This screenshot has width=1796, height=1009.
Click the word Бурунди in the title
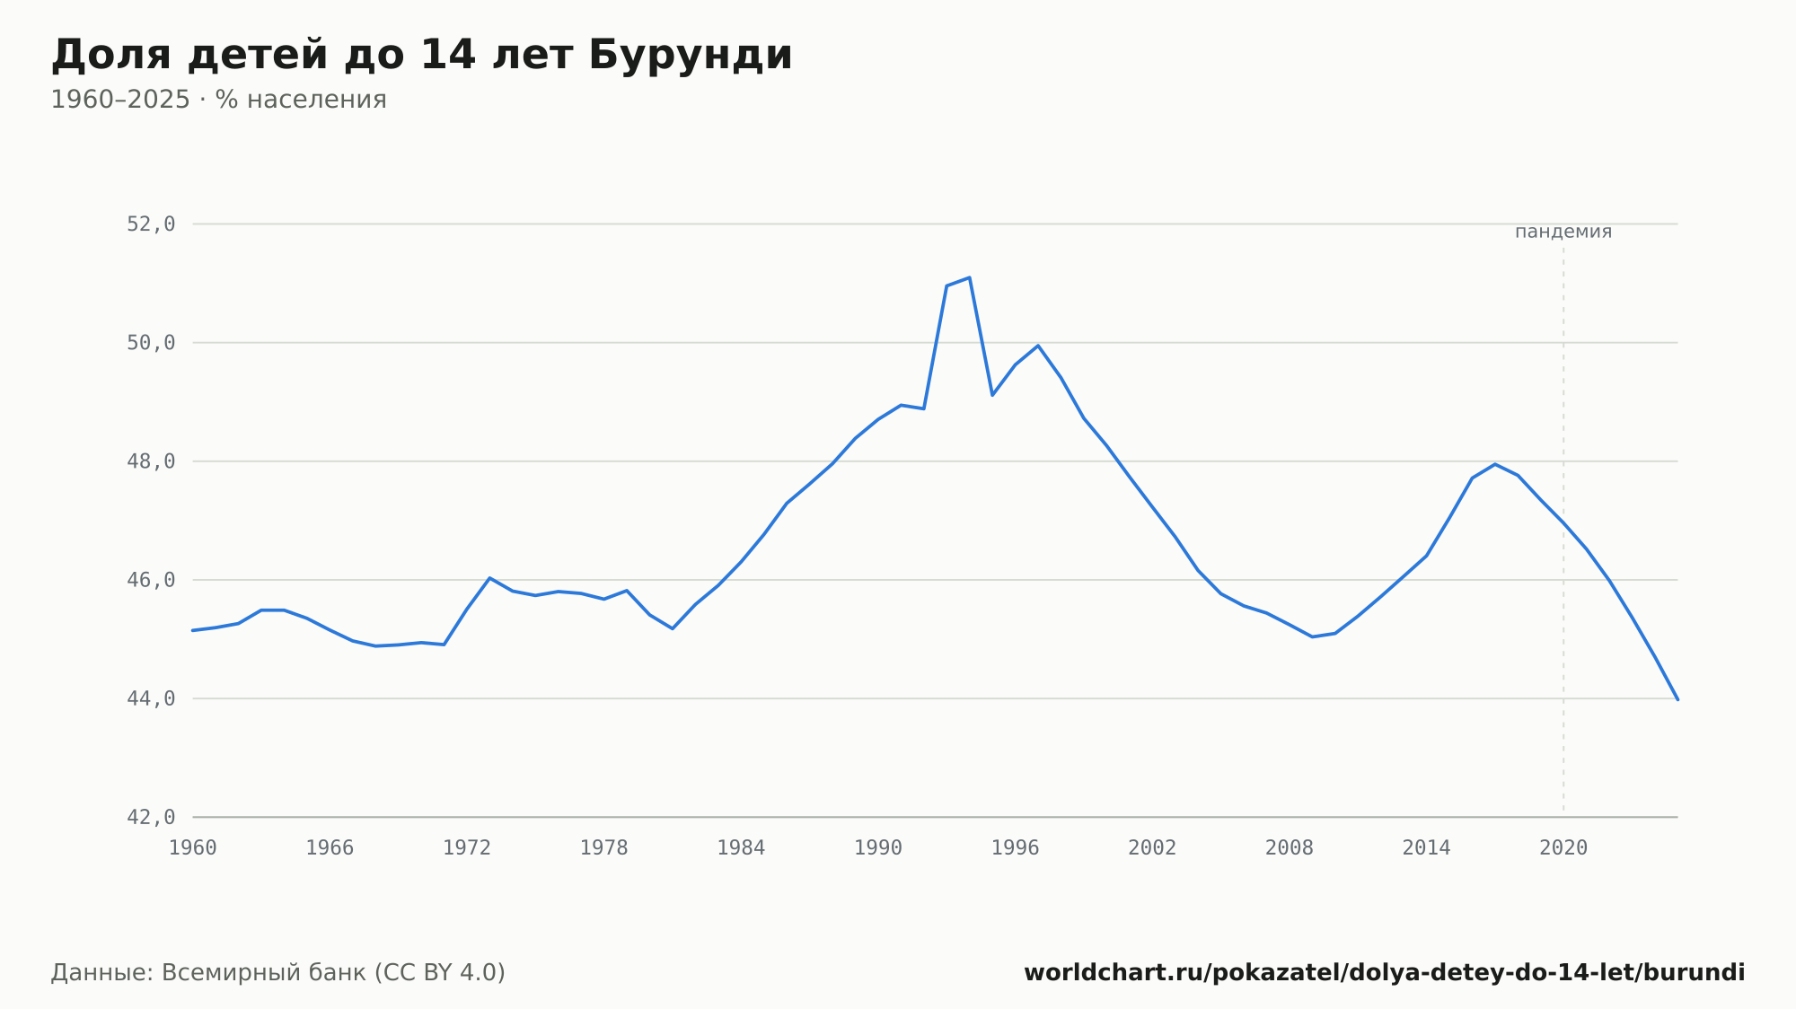click(x=691, y=56)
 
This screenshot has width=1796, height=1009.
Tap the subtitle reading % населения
click(x=301, y=100)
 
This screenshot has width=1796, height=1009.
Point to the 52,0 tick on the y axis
click(x=151, y=224)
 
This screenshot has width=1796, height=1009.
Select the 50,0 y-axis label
click(x=151, y=343)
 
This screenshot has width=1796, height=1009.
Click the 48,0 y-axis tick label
click(x=151, y=461)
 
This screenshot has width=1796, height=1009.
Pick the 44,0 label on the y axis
click(x=151, y=698)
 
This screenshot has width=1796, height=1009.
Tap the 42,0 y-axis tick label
click(x=151, y=817)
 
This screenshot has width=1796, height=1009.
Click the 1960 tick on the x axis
click(x=193, y=848)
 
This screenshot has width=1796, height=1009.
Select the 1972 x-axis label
click(x=467, y=848)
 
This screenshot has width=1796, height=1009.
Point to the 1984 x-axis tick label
click(x=741, y=848)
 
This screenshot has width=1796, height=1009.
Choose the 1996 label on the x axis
click(x=1016, y=848)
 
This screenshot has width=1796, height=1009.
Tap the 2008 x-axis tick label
click(x=1290, y=848)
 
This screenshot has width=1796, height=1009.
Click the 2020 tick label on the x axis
click(x=1563, y=848)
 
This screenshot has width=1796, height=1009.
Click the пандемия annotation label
click(x=1563, y=232)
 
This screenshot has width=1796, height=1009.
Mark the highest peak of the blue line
click(x=970, y=277)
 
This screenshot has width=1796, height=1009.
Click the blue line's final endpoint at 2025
click(x=1677, y=699)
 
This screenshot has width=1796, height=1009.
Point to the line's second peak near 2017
click(x=1495, y=464)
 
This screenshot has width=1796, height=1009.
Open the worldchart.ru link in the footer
click(x=1385, y=973)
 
